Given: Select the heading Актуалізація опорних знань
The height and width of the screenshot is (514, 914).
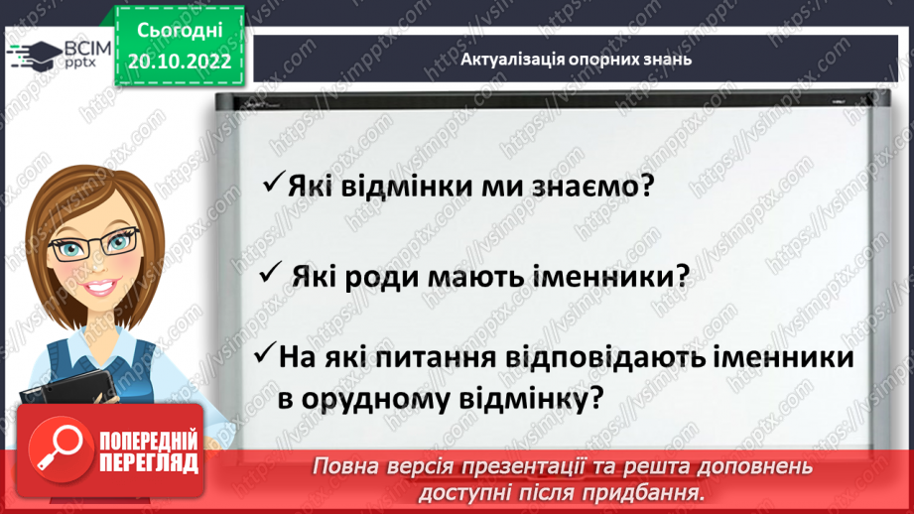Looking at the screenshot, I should (x=576, y=59).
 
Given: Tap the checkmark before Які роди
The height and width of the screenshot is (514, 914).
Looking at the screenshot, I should (x=269, y=275).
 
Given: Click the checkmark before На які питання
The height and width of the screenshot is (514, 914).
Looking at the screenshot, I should (x=266, y=354).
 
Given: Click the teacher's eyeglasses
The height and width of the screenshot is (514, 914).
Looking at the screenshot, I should (x=94, y=244).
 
